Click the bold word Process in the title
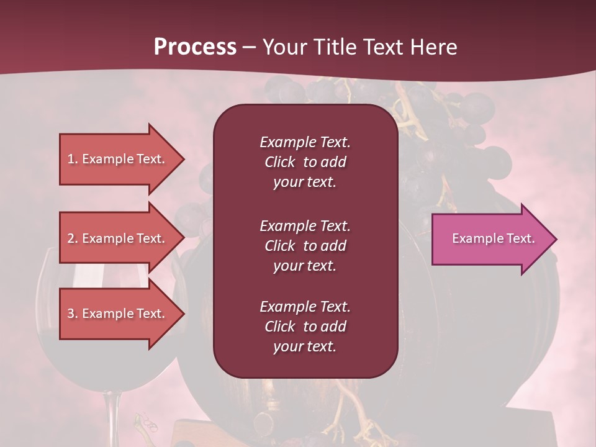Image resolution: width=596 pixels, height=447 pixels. coord(195,47)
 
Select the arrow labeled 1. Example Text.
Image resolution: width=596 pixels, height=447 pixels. coord(118,159)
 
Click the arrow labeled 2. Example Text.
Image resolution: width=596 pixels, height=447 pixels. coord(118,238)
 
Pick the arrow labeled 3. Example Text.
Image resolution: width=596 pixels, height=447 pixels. coord(118,314)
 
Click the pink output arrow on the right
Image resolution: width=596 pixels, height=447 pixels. coord(490,239)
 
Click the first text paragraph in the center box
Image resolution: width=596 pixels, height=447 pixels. coord(305,162)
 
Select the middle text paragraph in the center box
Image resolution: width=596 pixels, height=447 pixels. coord(305,246)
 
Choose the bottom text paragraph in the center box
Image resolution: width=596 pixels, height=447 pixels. coord(305,327)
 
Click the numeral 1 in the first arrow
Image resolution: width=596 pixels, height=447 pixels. coord(71,159)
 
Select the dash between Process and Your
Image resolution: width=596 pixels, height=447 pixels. coord(249,48)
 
